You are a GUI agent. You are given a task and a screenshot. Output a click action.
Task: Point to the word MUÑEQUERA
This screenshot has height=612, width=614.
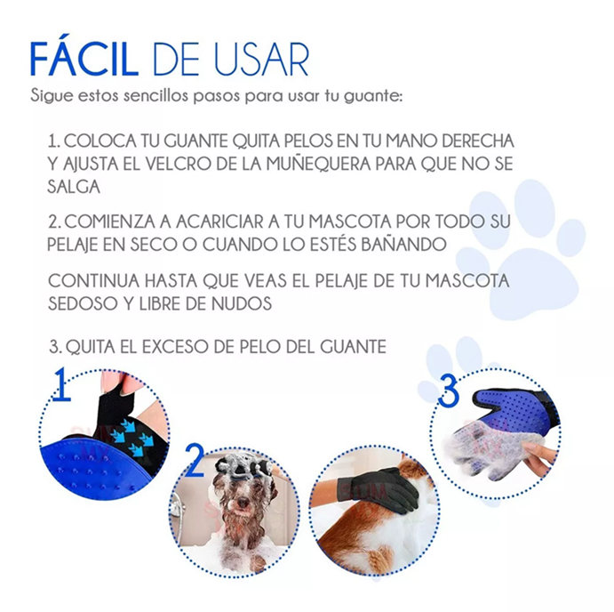tap(319, 163)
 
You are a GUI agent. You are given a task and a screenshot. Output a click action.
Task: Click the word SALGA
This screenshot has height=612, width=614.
tap(74, 187)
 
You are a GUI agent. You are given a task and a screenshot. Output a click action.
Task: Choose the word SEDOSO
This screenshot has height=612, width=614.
tap(84, 303)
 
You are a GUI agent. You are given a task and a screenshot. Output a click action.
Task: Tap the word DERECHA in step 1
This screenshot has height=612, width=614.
tap(478, 141)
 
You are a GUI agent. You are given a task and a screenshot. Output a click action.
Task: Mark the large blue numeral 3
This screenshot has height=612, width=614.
tap(449, 391)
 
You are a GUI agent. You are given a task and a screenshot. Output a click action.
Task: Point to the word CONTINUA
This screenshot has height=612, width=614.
tap(94, 281)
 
